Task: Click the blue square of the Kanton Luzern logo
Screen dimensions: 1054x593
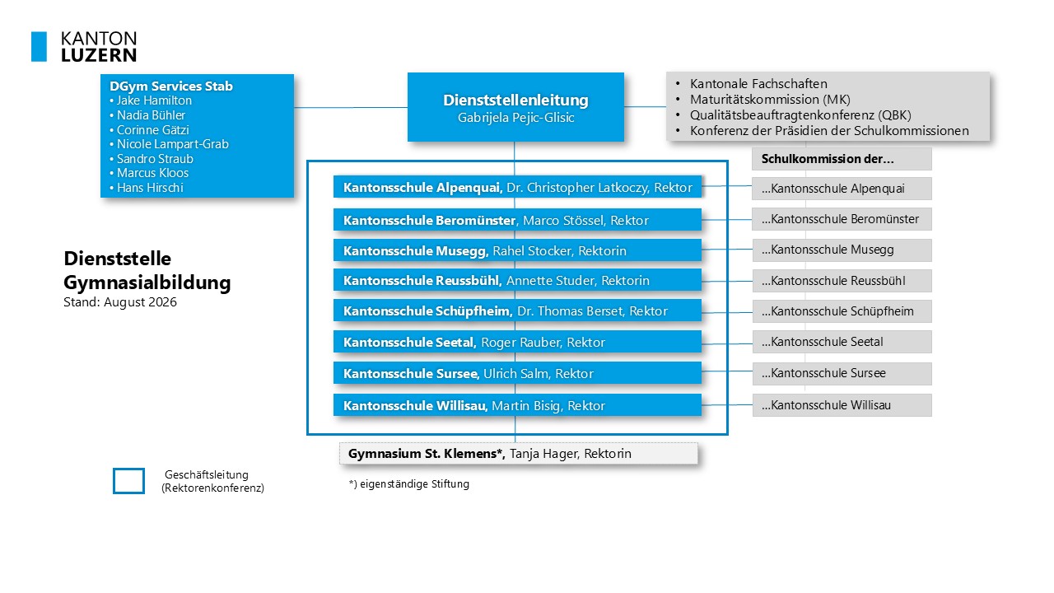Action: [39, 47]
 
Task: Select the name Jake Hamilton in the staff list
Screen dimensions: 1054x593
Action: [154, 100]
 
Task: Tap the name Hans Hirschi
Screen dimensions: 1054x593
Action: [150, 187]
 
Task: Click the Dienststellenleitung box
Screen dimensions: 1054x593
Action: [515, 107]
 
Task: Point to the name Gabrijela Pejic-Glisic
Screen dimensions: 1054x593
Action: [515, 118]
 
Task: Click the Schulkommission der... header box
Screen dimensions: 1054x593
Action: [842, 159]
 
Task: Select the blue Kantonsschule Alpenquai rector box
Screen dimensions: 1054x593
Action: [518, 187]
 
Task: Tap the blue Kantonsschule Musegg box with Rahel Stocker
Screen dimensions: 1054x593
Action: [518, 250]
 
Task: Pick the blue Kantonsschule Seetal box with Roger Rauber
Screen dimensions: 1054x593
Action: [518, 342]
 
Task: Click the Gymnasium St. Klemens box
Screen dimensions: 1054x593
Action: [519, 453]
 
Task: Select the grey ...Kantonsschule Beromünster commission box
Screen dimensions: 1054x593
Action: [842, 219]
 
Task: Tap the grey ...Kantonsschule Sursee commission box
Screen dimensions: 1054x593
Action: [842, 373]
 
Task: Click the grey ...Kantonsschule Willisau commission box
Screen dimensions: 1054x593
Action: [842, 405]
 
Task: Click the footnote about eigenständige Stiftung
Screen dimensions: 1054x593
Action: [409, 483]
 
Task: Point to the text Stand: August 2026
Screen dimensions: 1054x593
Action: [120, 302]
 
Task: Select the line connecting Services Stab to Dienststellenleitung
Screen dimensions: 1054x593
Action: [351, 107]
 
